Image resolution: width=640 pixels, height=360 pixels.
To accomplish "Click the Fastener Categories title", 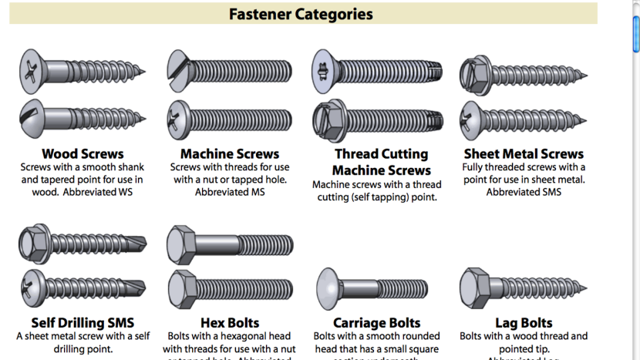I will click(x=301, y=14).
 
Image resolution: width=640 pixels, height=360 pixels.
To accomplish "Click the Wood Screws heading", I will click(x=83, y=153).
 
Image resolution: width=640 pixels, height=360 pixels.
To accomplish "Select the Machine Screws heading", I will click(x=230, y=153).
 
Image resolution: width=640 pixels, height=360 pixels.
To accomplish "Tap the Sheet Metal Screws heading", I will click(x=524, y=153).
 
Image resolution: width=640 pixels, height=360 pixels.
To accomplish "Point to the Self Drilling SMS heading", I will click(x=83, y=322).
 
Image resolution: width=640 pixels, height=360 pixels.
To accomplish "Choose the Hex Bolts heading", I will click(x=230, y=322).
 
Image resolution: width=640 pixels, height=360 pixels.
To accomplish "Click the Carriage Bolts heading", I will click(x=376, y=322).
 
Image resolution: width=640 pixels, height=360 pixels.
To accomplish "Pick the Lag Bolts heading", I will click(x=524, y=322).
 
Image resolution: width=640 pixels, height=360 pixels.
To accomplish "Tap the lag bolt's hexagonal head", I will click(x=473, y=288).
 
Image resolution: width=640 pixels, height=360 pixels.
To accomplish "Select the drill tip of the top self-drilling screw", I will click(x=139, y=244).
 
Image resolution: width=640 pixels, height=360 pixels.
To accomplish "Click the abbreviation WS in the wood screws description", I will click(x=125, y=192).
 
